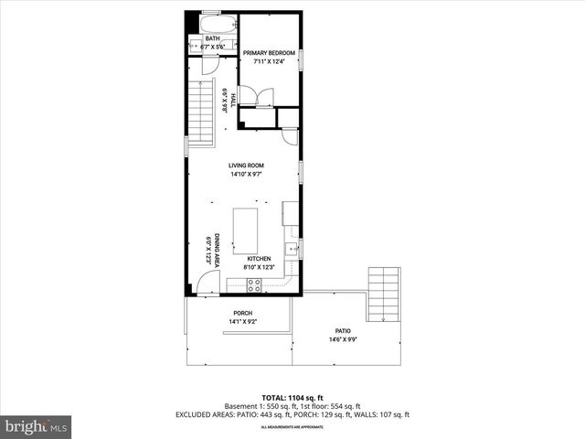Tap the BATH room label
click(212, 38)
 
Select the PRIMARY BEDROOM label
click(269, 53)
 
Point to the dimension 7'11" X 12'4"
click(269, 61)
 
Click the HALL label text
click(233, 101)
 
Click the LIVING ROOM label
click(246, 166)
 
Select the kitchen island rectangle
click(245, 230)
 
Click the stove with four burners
click(256, 285)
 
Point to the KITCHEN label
click(259, 259)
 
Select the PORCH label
click(242, 314)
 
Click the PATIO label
click(344, 331)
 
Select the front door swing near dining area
click(208, 287)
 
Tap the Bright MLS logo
click(37, 426)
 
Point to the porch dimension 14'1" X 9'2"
click(242, 322)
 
